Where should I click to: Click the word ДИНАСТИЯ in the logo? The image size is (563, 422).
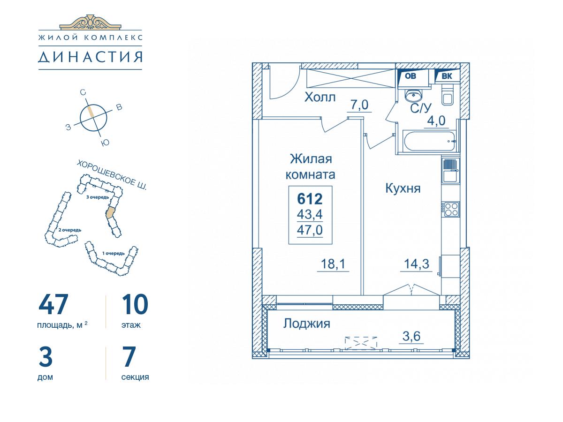90,57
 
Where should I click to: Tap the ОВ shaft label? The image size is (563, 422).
411,76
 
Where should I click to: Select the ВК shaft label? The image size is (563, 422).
447,76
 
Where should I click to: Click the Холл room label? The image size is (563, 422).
320,98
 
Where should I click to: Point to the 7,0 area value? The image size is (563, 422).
359,105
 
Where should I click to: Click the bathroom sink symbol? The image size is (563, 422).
413,95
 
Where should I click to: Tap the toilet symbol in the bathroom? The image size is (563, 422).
448,96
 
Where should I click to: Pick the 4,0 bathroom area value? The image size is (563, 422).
436,121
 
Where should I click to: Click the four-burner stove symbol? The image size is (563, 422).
451,209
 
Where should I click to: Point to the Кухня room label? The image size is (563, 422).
403,188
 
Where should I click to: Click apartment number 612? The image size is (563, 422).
310,199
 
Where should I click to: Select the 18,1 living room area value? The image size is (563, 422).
333,264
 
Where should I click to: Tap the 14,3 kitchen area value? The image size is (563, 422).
417,264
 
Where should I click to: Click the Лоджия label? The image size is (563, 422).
306,324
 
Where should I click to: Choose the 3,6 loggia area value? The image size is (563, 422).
411,336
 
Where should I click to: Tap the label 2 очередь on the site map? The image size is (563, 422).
70,230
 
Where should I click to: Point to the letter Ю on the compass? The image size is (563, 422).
105,143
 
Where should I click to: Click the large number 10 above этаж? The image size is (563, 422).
135,304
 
